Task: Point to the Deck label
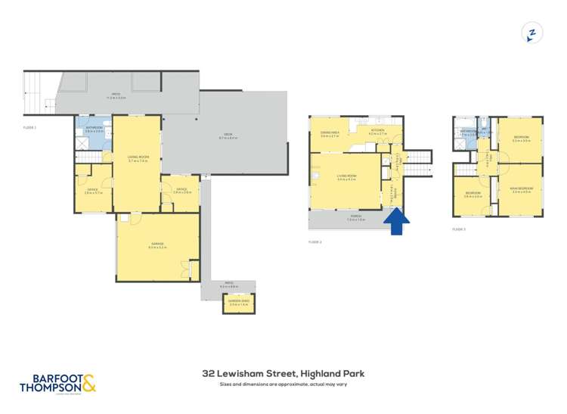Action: coord(228,137)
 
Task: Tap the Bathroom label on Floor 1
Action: coord(93,129)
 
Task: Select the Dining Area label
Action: coord(330,134)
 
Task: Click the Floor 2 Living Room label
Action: coord(346,178)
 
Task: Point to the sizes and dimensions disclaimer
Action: coord(283,384)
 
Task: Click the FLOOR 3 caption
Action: coord(460,229)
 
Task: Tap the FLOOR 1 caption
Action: coord(30,128)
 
